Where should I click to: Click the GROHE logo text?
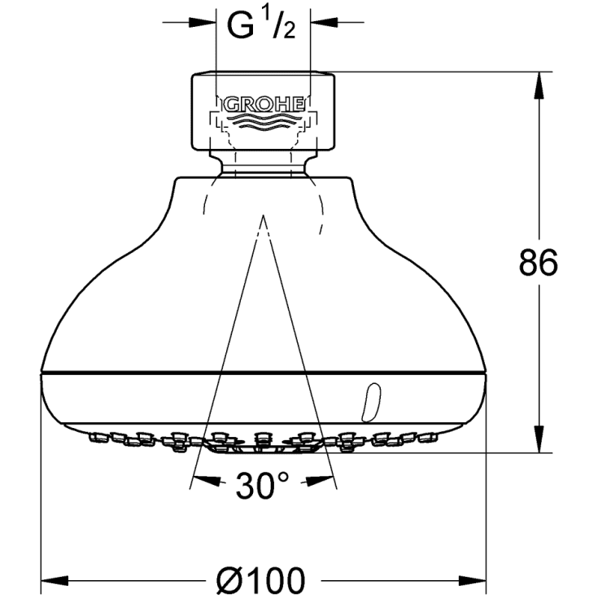263,104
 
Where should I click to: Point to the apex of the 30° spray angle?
263,216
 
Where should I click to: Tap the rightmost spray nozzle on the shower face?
429,438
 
